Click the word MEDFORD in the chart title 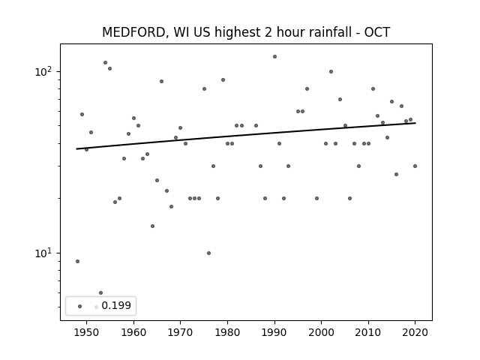pyautogui.click(x=134, y=32)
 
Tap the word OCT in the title pyautogui.click(x=376, y=32)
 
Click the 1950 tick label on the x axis pyautogui.click(x=86, y=332)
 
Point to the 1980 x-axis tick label pyautogui.click(x=227, y=332)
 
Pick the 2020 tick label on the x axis pyautogui.click(x=415, y=332)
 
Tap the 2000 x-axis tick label pyautogui.click(x=322, y=332)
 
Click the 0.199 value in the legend pyautogui.click(x=116, y=305)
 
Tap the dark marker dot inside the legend pyautogui.click(x=80, y=306)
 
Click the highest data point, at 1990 pyautogui.click(x=275, y=57)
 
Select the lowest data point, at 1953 pyautogui.click(x=101, y=293)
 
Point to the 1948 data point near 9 pyautogui.click(x=78, y=262)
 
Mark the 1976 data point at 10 pyautogui.click(x=208, y=253)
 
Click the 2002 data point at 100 pyautogui.click(x=331, y=72)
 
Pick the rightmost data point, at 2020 pyautogui.click(x=415, y=166)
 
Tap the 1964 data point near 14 pyautogui.click(x=152, y=226)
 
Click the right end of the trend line pyautogui.click(x=415, y=123)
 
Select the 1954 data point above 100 pyautogui.click(x=105, y=63)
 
